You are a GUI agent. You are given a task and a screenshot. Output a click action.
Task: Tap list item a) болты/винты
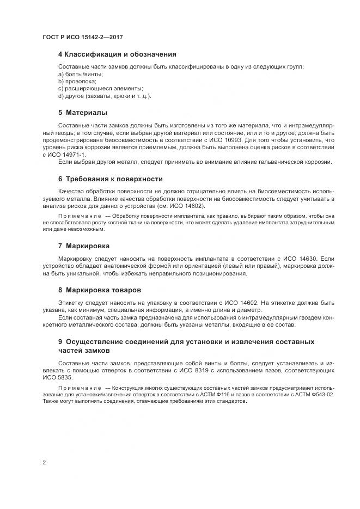(81, 74)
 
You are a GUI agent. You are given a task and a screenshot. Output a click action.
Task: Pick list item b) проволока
(77, 81)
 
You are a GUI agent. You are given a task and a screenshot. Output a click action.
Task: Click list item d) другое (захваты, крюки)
(105, 96)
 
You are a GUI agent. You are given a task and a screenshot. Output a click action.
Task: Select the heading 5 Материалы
(82, 113)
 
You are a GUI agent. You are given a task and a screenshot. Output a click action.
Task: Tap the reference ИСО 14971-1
(63, 155)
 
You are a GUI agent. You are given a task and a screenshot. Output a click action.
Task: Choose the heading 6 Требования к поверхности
(110, 179)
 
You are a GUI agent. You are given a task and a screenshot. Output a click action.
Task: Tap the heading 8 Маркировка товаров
(99, 290)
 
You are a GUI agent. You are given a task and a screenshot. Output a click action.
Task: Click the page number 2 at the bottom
(44, 463)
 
